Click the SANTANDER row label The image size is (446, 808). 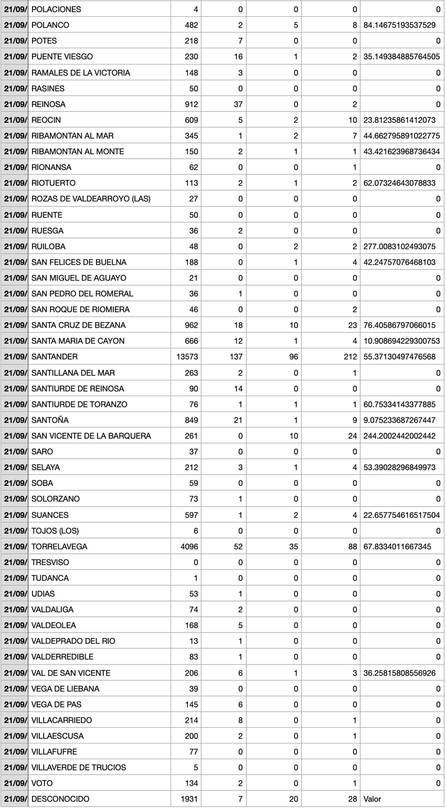pyautogui.click(x=54, y=357)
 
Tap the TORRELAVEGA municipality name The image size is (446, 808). pyautogui.click(x=59, y=547)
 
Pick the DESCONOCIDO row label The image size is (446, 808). pyautogui.click(x=60, y=798)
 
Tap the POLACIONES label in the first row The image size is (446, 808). pyautogui.click(x=56, y=10)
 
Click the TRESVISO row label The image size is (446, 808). pyautogui.click(x=50, y=562)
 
